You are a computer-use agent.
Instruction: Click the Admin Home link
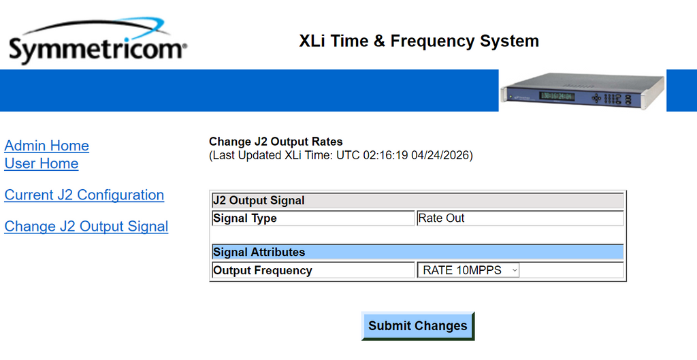pyautogui.click(x=47, y=146)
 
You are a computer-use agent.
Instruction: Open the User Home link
pyautogui.click(x=42, y=163)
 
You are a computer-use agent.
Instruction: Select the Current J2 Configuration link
pyautogui.click(x=84, y=195)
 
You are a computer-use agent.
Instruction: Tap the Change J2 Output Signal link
pyautogui.click(x=86, y=227)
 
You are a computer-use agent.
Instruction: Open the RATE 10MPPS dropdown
pyautogui.click(x=468, y=270)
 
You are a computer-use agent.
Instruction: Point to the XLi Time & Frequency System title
pyautogui.click(x=419, y=41)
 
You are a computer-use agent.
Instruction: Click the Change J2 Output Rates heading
pyautogui.click(x=276, y=142)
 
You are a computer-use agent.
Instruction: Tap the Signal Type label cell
pyautogui.click(x=313, y=218)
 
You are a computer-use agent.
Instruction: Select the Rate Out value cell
pyautogui.click(x=520, y=218)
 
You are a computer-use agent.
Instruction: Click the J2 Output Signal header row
pyautogui.click(x=418, y=201)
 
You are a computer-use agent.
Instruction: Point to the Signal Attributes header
pyautogui.click(x=418, y=252)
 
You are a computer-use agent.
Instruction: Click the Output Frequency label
pyautogui.click(x=263, y=271)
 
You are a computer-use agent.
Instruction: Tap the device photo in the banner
pyautogui.click(x=583, y=91)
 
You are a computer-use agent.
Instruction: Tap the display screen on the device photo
pyautogui.click(x=557, y=96)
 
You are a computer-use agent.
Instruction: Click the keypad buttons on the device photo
pyautogui.click(x=612, y=98)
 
